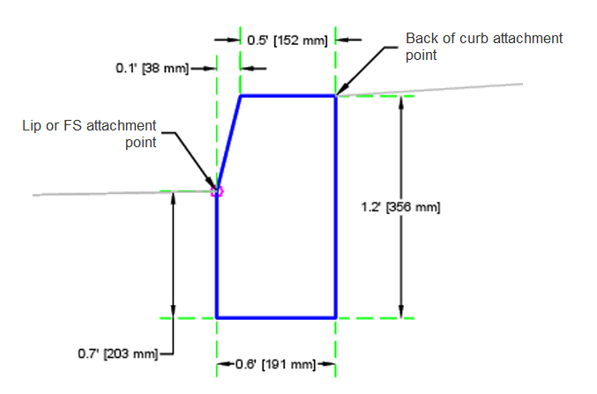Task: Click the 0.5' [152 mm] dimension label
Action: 287,41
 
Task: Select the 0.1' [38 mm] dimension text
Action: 153,69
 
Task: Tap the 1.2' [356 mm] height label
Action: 400,207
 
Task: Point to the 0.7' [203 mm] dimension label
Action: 118,353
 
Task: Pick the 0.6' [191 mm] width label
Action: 276,364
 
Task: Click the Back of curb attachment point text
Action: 484,47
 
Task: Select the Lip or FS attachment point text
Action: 89,134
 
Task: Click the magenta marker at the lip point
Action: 218,191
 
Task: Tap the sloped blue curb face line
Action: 228,143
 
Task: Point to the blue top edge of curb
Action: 288,96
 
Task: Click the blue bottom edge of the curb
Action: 276,317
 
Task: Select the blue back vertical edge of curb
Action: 336,207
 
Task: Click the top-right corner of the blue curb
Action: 336,96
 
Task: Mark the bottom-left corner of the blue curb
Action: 217,317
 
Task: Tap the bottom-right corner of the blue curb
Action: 336,317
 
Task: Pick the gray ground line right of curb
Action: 429,89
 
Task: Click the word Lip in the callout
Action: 32,126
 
